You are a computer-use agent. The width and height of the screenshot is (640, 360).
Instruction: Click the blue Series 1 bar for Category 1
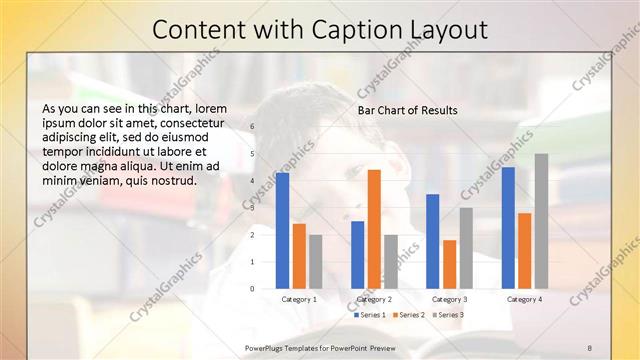[x=283, y=230]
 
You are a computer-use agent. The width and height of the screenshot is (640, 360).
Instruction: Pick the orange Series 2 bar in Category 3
[x=450, y=264]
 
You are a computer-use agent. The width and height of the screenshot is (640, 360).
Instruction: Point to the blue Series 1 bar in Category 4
[x=509, y=227]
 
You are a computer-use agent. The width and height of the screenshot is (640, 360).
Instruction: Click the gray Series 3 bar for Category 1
[x=315, y=261]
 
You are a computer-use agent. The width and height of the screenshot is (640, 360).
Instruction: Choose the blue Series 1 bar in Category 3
[x=433, y=241]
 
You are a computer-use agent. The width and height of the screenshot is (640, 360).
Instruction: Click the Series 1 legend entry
[x=369, y=315]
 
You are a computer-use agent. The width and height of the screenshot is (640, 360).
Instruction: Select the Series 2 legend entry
[x=409, y=315]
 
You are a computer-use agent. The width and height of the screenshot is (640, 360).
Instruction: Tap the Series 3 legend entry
[x=449, y=315]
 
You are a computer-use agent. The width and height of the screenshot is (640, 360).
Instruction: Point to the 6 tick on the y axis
[x=252, y=126]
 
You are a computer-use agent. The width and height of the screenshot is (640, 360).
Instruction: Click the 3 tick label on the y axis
[x=252, y=207]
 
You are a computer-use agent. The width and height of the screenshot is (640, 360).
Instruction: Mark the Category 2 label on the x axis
[x=374, y=299]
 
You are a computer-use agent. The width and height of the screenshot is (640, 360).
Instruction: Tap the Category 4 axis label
[x=524, y=299]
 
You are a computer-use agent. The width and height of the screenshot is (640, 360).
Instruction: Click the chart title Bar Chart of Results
[x=408, y=110]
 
